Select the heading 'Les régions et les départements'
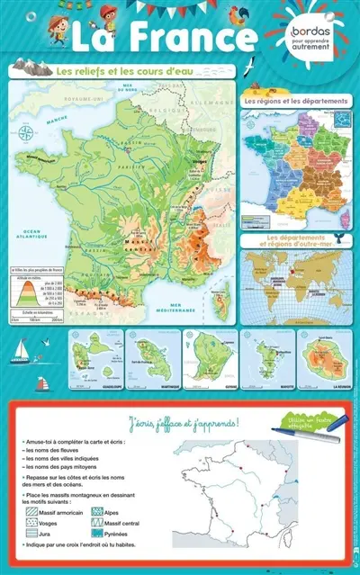pyautogui.click(x=296, y=102)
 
